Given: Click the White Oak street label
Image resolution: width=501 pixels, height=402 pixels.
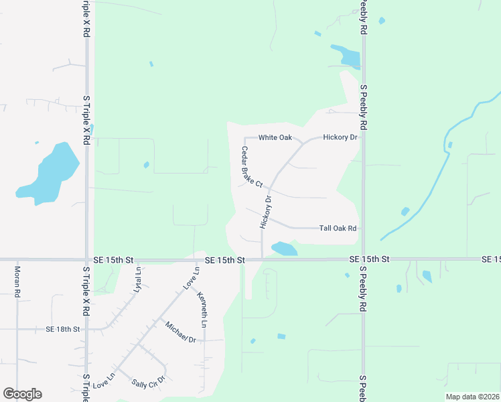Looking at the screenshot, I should [275, 138].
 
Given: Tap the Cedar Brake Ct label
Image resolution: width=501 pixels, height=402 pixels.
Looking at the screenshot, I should [252, 167].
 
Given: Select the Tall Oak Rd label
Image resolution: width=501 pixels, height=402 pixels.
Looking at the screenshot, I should [338, 228].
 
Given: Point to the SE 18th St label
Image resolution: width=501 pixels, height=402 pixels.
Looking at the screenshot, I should [63, 330].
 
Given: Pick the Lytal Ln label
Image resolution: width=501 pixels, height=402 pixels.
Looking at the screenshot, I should [139, 279].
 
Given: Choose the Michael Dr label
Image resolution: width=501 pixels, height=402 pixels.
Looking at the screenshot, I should [180, 332].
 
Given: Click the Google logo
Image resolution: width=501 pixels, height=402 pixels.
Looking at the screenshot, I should [22, 394].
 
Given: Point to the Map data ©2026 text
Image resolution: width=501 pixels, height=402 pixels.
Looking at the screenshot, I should [472, 397].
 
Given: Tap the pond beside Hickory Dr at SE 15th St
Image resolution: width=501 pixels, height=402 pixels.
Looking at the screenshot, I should [284, 249].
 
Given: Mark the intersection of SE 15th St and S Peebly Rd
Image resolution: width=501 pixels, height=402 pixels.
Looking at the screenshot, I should [364, 259].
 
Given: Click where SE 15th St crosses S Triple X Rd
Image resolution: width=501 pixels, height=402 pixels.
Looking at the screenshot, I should [86, 259].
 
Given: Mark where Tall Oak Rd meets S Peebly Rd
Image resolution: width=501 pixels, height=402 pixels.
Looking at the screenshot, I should [364, 228].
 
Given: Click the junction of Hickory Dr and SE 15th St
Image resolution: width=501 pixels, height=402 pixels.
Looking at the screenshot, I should [261, 259].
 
